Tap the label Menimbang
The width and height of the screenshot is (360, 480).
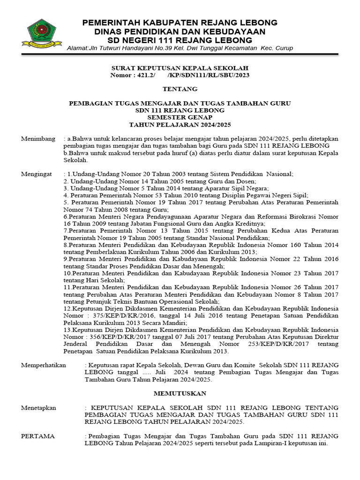click(38, 139)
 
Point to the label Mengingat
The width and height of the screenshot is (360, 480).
click(37, 174)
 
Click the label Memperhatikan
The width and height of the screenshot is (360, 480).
click(44, 365)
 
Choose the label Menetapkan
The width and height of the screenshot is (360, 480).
click(38, 408)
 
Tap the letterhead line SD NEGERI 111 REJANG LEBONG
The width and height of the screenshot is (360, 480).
click(180, 40)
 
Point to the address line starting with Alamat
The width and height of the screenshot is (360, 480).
click(180, 48)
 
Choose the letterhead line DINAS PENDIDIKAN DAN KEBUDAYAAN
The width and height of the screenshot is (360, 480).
click(180, 31)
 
